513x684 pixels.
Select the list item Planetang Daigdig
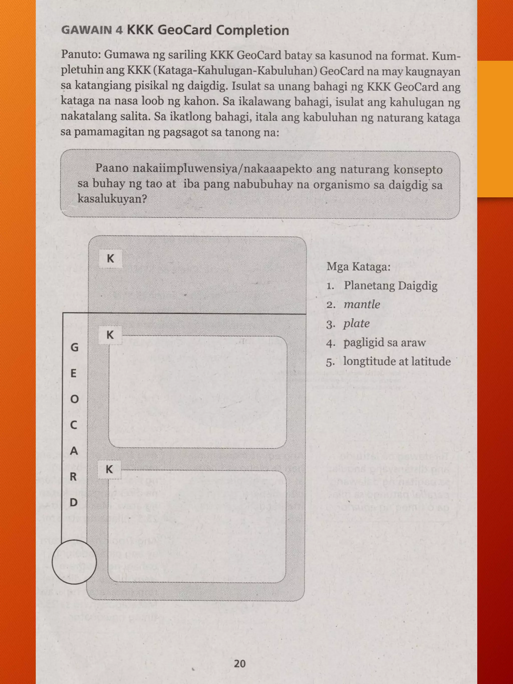click(x=391, y=285)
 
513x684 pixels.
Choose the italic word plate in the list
click(x=356, y=323)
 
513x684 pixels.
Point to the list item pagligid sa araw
click(x=384, y=343)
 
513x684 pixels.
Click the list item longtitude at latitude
click(x=397, y=361)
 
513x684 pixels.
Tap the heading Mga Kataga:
click(x=358, y=266)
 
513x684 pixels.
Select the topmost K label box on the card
click(x=110, y=258)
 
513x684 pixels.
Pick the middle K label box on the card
click(x=110, y=335)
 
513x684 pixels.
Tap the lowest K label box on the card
click(x=109, y=469)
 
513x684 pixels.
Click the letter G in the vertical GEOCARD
click(x=74, y=348)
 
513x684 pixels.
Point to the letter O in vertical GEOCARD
click(x=74, y=399)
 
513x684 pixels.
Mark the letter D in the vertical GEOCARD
click(x=74, y=502)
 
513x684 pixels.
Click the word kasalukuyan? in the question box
click(x=112, y=199)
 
